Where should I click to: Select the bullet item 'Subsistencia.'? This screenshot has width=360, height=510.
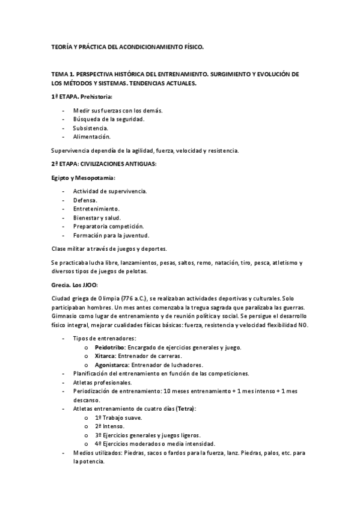(91, 128)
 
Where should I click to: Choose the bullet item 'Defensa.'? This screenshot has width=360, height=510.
(85, 200)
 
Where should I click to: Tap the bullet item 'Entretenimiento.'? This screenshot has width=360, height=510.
(96, 208)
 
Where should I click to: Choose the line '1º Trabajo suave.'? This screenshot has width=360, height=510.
(118, 418)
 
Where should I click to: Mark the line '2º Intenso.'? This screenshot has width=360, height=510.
(109, 426)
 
